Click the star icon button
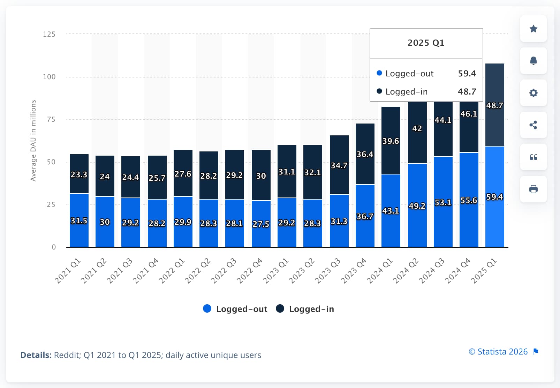(x=533, y=29)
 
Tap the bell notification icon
(x=533, y=61)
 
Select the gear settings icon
(x=533, y=93)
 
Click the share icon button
(x=533, y=125)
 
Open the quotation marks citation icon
(x=533, y=157)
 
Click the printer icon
(x=533, y=189)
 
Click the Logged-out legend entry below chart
(x=235, y=309)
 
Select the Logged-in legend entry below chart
(x=305, y=309)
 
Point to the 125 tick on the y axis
(x=49, y=34)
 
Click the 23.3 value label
(x=79, y=174)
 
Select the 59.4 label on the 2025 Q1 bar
(x=494, y=197)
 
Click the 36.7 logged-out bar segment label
(x=365, y=216)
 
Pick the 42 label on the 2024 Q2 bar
(x=417, y=128)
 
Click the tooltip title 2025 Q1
(x=426, y=43)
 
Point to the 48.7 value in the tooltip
(x=467, y=91)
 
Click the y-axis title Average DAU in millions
(x=33, y=141)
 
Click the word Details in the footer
(x=36, y=355)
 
